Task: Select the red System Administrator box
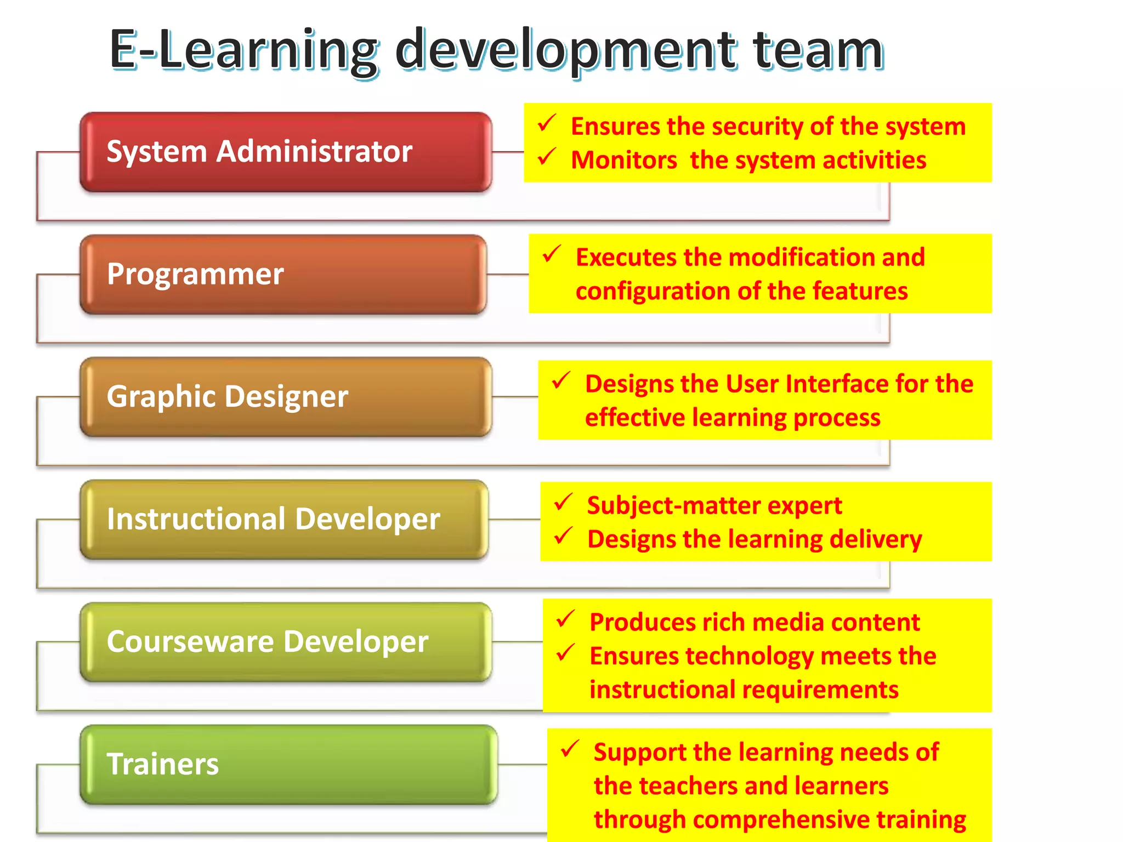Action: coord(285,152)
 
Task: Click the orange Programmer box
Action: coord(283,274)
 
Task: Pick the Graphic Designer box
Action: coord(285,397)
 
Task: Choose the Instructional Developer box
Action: coord(284,519)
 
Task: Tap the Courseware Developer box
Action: coord(285,642)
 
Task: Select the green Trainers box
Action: coord(288,764)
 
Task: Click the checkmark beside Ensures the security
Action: coord(547,123)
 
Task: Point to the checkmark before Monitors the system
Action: coord(547,157)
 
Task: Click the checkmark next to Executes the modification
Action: coord(552,254)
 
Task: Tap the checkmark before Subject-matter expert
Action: coord(563,502)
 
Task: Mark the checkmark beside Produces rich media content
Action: coord(565,619)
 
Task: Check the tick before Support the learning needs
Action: coord(570,749)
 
